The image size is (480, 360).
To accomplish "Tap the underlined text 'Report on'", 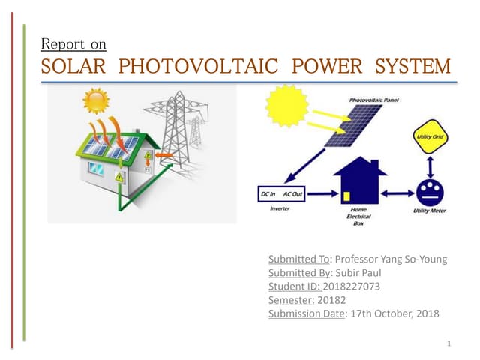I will (x=73, y=44).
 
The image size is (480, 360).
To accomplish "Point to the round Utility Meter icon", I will (x=429, y=192).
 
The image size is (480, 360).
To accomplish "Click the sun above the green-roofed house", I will (x=95, y=102).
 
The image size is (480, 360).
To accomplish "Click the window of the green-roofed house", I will (x=96, y=170).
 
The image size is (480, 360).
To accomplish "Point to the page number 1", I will (x=448, y=344).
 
